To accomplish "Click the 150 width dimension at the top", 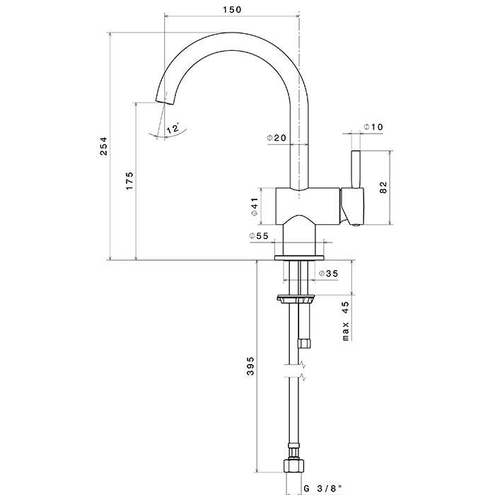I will [232, 9].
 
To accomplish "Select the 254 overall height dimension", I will [103, 146].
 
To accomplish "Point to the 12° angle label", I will [173, 128].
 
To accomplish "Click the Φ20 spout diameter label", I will [276, 138].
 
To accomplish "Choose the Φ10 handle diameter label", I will [373, 127].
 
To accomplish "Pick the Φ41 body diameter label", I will [253, 206].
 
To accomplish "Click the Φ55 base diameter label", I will [259, 236].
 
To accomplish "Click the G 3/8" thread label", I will [322, 488].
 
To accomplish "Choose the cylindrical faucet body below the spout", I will [307, 203].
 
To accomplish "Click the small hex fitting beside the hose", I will [306, 343].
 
